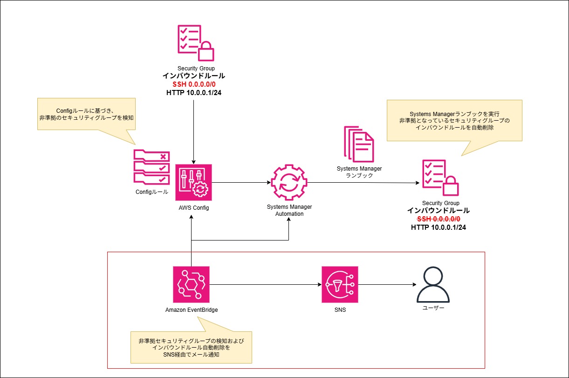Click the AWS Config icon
[x=193, y=182]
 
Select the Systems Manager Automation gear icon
[x=289, y=182]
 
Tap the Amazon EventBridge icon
[x=191, y=284]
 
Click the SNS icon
[x=340, y=284]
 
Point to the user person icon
[x=433, y=284]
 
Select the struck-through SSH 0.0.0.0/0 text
[x=439, y=219]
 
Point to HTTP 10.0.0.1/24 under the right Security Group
[x=439, y=227]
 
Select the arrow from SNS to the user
[x=387, y=284]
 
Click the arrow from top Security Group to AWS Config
[x=193, y=131]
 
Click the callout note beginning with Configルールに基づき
[x=86, y=114]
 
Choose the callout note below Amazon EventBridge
[x=191, y=348]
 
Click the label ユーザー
[x=433, y=308]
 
